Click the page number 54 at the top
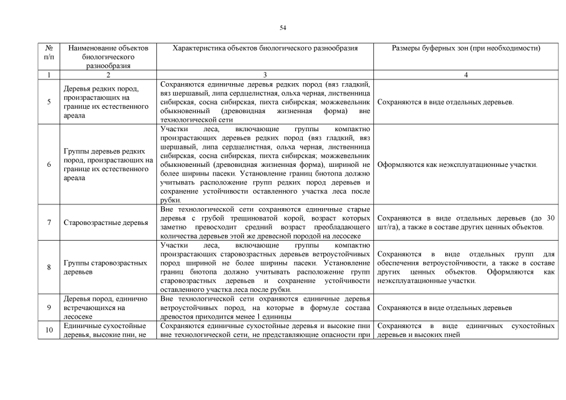(x=283, y=28)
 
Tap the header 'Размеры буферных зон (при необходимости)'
(x=465, y=48)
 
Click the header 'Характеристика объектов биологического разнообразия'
(x=265, y=48)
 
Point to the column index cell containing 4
(x=465, y=74)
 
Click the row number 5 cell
(x=49, y=102)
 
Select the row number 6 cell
(x=49, y=165)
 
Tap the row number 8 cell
(x=49, y=267)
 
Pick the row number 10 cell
(x=49, y=331)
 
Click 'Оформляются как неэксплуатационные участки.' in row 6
(x=458, y=165)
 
